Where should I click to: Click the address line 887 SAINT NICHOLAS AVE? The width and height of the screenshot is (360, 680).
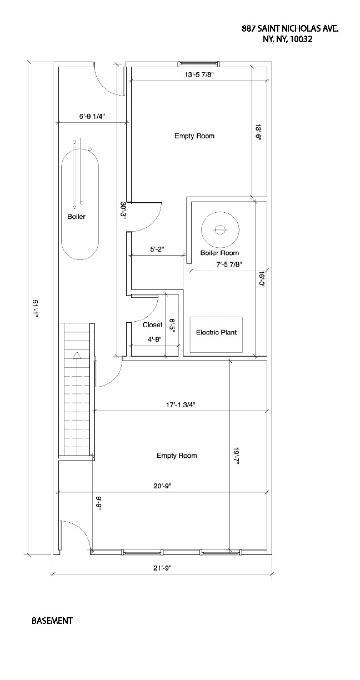pos(289,28)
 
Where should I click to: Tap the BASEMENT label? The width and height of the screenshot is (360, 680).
pos(52,621)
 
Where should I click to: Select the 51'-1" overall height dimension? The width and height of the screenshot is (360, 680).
pos(36,309)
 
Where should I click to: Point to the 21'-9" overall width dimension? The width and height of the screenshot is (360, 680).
pos(162,568)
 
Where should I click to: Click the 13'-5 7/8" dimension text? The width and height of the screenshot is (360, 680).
pos(199,74)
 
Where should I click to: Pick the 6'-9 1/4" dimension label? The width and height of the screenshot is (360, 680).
pos(92,116)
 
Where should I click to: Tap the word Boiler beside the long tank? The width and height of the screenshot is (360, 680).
pos(76,217)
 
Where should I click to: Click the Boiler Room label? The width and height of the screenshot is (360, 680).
pos(219,253)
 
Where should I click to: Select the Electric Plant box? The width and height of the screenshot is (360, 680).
pos(216,334)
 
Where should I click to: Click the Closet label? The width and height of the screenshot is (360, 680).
pos(152,324)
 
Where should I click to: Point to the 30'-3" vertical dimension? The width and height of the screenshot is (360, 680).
pos(123,210)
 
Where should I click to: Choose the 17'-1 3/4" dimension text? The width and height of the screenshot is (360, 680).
pos(181,404)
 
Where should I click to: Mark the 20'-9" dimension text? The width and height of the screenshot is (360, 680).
pos(162,486)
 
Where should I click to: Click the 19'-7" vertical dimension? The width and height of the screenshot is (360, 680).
pos(237,456)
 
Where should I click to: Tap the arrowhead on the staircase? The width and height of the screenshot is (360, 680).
pos(77,354)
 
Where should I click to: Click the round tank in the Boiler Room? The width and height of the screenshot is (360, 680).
pos(220,229)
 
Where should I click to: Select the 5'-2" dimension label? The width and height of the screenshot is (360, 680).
pos(157,249)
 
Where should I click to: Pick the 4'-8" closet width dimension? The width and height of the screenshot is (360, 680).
pos(154,339)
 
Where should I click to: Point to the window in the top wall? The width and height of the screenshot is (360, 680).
pos(198,63)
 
